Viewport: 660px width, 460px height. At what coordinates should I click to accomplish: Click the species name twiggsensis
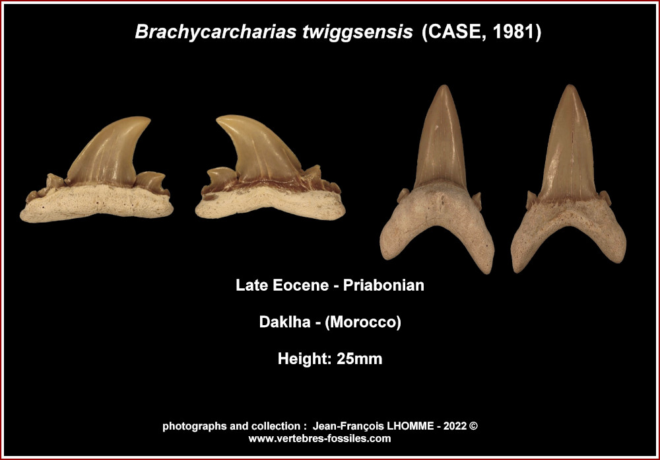pos(357,32)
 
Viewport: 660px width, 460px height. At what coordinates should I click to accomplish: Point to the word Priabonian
pos(383,286)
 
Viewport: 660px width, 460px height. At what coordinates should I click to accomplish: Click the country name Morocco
pos(363,322)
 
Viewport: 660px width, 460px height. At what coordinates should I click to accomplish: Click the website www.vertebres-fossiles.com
pos(319,438)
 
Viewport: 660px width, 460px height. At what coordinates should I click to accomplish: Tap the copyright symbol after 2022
pos(473,426)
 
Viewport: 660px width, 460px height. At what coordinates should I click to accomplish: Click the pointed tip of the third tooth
pos(443,86)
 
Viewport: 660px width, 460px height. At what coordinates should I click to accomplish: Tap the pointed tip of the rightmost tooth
pos(570,86)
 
